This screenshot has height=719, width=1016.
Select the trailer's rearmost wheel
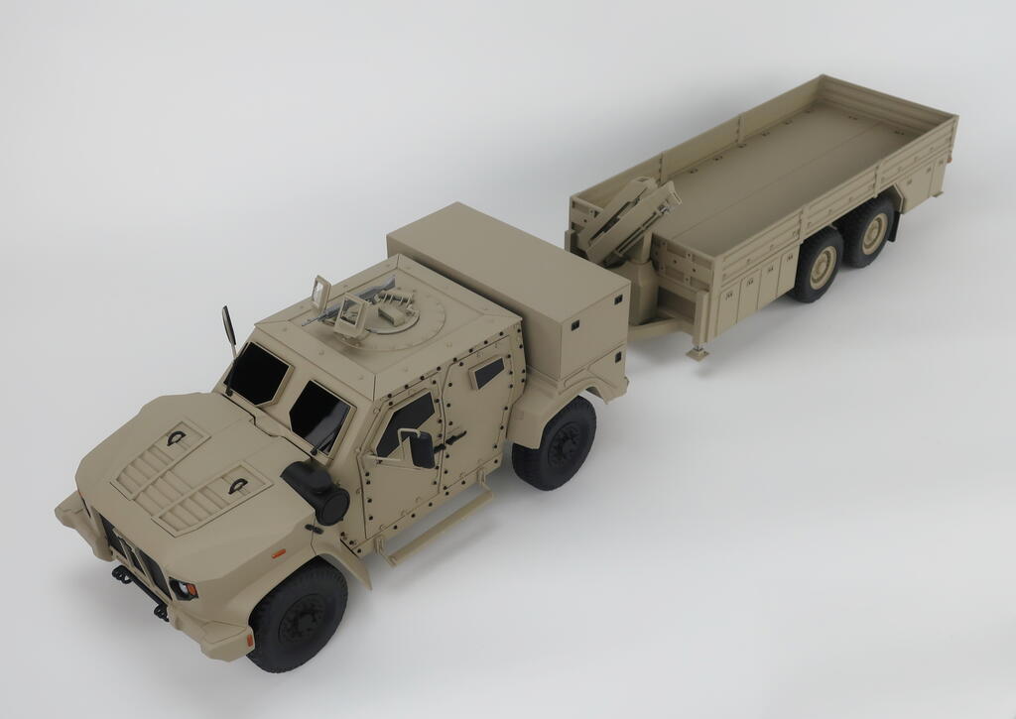click(871, 231)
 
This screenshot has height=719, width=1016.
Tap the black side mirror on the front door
click(421, 448)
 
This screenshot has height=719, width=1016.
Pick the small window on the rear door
click(488, 372)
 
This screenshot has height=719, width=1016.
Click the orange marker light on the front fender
click(279, 551)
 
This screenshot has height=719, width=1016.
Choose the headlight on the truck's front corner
click(185, 589)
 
